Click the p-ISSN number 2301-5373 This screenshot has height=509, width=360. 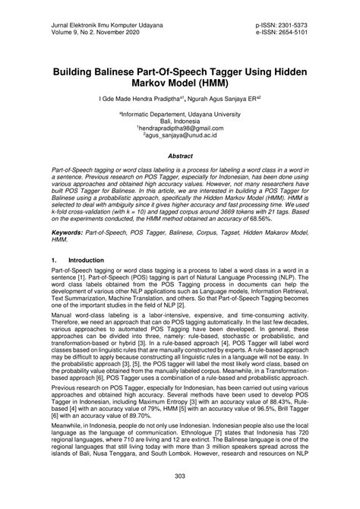coord(292,25)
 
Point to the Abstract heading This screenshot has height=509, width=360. coord(179,154)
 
